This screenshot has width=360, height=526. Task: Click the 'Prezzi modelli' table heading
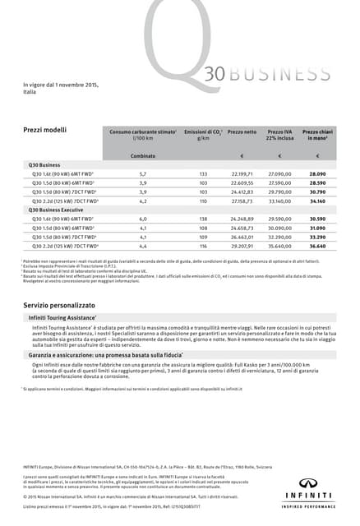tap(44, 131)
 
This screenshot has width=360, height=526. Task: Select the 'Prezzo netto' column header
tap(242, 131)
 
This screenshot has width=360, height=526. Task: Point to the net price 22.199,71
tap(242, 174)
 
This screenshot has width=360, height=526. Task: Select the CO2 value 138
tap(203, 219)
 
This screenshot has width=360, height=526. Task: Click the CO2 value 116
tap(203, 246)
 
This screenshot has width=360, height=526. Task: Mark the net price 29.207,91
tap(242, 246)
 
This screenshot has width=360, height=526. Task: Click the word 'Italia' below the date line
tap(30, 92)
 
